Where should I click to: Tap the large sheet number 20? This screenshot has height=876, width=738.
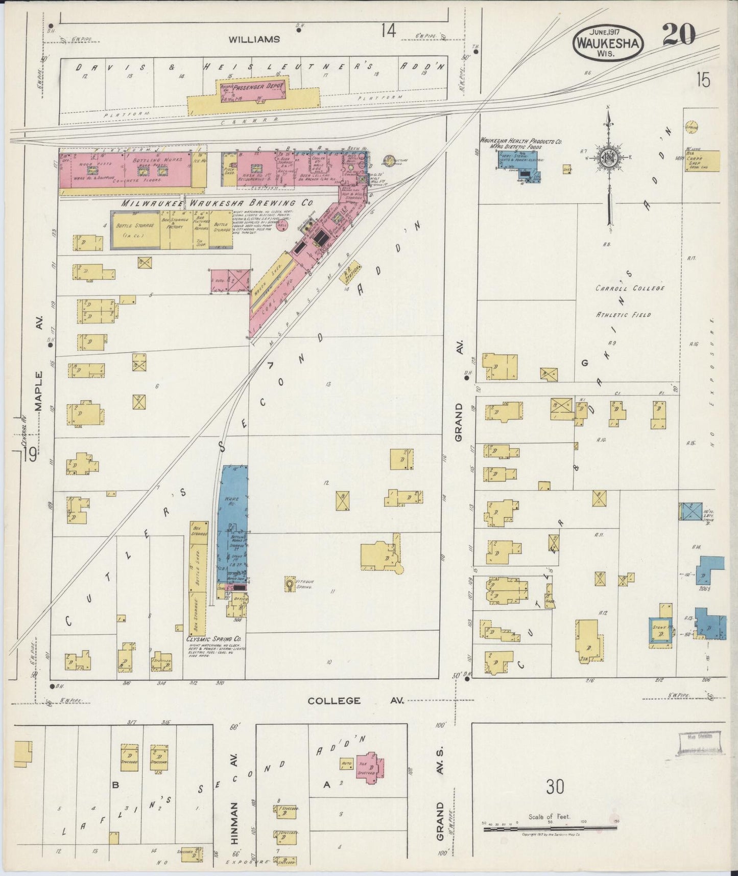point(679,35)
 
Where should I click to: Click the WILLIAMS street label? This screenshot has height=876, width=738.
point(254,39)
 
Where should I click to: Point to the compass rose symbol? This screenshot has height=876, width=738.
point(609,158)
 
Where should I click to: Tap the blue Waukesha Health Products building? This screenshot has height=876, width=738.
point(517,166)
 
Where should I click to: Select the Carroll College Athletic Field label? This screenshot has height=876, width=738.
point(630,301)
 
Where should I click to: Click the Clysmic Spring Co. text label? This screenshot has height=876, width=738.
point(215,639)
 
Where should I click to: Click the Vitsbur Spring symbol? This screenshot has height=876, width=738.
point(290,584)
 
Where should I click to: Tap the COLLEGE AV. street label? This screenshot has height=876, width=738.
point(355,701)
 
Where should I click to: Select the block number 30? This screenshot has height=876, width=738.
point(555,786)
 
